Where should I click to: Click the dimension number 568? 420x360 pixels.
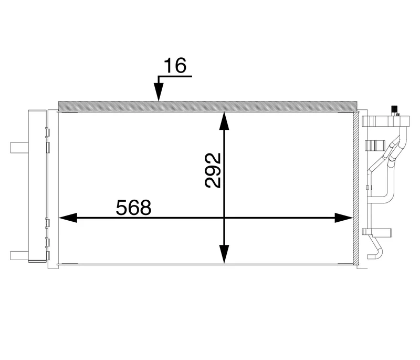[x=133, y=207]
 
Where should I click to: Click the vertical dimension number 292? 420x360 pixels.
[x=213, y=170]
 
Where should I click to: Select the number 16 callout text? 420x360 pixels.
[x=175, y=67]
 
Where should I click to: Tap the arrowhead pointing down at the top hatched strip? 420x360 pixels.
[x=158, y=95]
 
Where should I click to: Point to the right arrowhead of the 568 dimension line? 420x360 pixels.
[x=343, y=217]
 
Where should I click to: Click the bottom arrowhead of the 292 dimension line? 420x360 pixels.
[x=224, y=254]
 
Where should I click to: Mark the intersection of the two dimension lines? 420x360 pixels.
[x=224, y=217]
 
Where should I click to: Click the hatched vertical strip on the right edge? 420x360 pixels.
[x=358, y=189]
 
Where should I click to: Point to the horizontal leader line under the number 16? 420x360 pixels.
[x=175, y=77]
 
